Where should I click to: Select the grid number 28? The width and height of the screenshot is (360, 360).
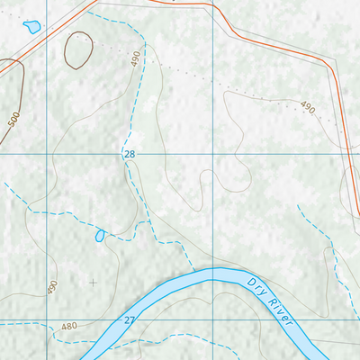(x=130, y=156)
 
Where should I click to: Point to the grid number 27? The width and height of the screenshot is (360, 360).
(x=130, y=320)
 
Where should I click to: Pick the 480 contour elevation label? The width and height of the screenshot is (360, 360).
(x=69, y=326)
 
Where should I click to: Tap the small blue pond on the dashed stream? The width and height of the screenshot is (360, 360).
(x=99, y=236)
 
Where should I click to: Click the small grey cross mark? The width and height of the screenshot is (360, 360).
(x=93, y=282)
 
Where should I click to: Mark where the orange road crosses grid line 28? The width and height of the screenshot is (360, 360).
(x=350, y=156)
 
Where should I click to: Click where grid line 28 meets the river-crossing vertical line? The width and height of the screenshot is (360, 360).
(x=211, y=156)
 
